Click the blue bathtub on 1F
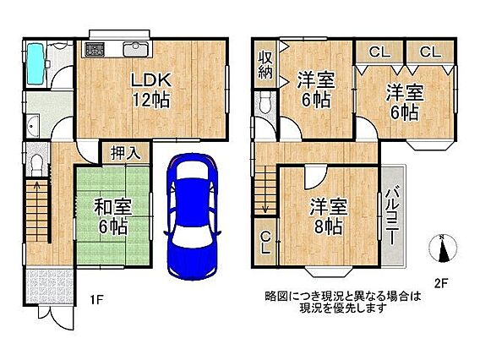(35, 63)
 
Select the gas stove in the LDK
(95, 49)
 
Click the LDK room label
(151, 80)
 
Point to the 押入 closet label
(126, 152)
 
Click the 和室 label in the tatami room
(112, 207)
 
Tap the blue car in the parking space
(192, 216)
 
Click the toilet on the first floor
(37, 165)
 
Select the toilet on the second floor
(265, 102)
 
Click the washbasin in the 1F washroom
(32, 125)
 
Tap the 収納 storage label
(265, 65)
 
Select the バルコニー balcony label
(392, 216)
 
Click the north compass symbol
(443, 248)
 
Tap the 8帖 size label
(329, 226)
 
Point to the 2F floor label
(441, 283)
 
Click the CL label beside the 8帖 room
(265, 243)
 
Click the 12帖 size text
(151, 100)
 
